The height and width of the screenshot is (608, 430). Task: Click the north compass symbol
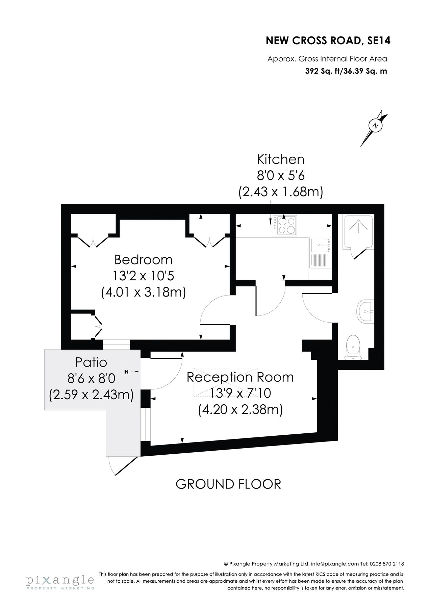click(x=375, y=126)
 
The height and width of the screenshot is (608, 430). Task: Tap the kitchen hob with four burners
click(x=285, y=226)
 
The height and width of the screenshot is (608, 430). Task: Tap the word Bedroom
click(x=143, y=260)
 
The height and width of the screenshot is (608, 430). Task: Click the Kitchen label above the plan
click(x=281, y=159)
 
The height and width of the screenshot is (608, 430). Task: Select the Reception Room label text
click(x=240, y=377)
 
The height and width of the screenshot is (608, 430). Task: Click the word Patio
click(x=91, y=362)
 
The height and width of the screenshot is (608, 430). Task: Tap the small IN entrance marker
click(x=126, y=372)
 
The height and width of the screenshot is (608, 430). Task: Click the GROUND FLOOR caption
click(x=228, y=484)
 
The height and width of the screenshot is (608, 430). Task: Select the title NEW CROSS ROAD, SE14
click(x=328, y=41)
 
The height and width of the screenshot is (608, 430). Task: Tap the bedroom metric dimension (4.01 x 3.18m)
click(x=144, y=292)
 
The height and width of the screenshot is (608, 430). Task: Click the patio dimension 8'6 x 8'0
click(x=91, y=379)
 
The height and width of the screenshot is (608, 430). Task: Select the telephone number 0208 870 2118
click(x=387, y=564)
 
